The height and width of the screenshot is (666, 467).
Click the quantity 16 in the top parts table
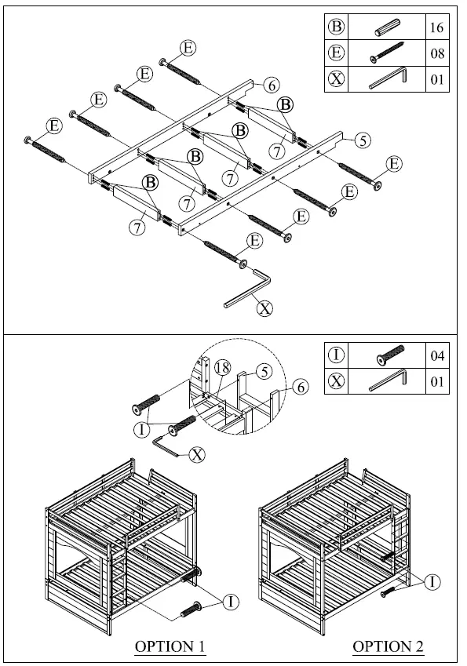tap(437, 27)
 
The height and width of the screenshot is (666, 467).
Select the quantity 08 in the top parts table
tap(437, 54)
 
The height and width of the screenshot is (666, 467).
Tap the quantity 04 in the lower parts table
tap(437, 356)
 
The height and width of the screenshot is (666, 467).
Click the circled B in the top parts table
tap(336, 27)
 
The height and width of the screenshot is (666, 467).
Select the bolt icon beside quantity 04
tap(388, 356)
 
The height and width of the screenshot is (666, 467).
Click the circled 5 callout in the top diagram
tap(361, 141)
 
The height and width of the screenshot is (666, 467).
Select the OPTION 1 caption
tap(170, 646)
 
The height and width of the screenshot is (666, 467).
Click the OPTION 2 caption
tap(388, 646)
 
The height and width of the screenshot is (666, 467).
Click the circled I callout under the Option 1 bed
tap(230, 602)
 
